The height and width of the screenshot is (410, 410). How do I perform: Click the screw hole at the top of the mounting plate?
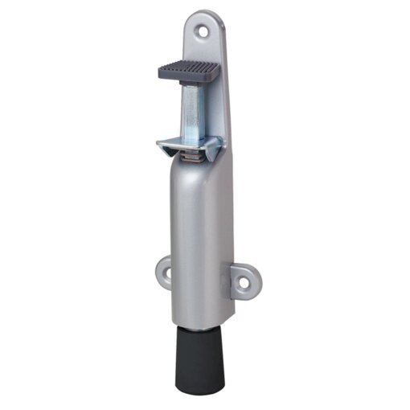pyautogui.click(x=213, y=30)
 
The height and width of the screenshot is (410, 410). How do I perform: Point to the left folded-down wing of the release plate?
pyautogui.click(x=163, y=147)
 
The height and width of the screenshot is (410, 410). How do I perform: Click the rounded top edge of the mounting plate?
pyautogui.click(x=211, y=14)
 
